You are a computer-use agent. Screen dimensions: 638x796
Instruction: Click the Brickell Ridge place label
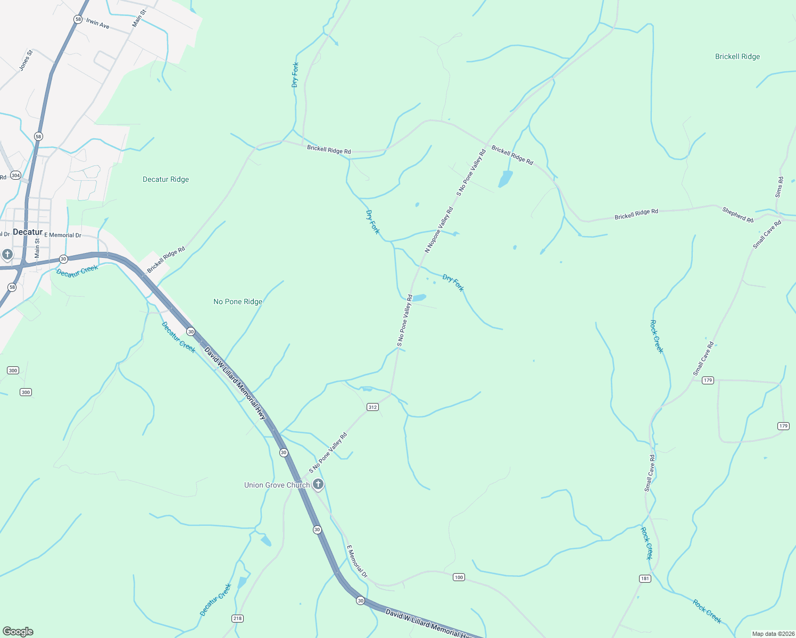(737, 56)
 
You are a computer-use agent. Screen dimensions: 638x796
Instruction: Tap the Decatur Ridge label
(165, 179)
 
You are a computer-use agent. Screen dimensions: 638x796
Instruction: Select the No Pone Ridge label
(238, 301)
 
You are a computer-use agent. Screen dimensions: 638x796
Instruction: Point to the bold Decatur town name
(28, 232)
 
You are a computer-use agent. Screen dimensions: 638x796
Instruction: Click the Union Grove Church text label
(277, 485)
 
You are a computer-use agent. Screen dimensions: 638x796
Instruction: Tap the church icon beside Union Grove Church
(318, 484)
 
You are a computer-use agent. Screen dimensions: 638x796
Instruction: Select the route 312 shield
(372, 407)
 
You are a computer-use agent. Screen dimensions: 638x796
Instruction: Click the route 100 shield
(459, 577)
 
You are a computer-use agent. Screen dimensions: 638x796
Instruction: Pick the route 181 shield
(645, 578)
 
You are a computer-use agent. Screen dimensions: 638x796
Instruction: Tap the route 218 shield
(237, 618)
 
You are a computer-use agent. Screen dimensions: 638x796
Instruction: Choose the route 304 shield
(15, 175)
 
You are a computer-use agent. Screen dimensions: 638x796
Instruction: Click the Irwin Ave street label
(98, 24)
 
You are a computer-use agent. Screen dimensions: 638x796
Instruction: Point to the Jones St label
(26, 60)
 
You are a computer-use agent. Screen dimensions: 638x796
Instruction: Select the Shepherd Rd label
(738, 215)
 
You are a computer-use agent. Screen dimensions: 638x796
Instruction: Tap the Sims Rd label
(780, 188)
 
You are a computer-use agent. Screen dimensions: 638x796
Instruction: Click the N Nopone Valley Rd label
(439, 230)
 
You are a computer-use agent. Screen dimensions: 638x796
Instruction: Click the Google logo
(18, 632)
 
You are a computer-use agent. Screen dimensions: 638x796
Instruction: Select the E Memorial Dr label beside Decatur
(63, 235)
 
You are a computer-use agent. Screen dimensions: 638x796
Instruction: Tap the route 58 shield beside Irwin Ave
(78, 19)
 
